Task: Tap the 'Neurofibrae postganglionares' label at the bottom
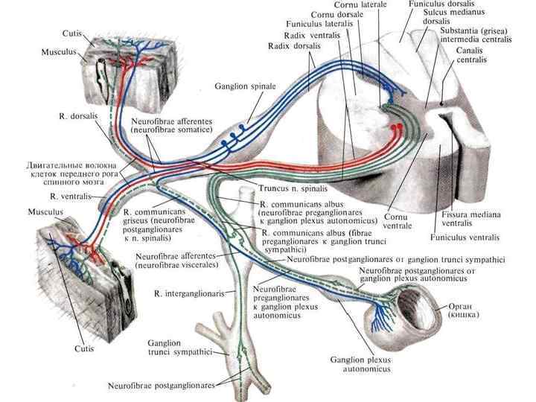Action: (162, 386)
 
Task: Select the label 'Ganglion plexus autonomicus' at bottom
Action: (361, 364)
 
